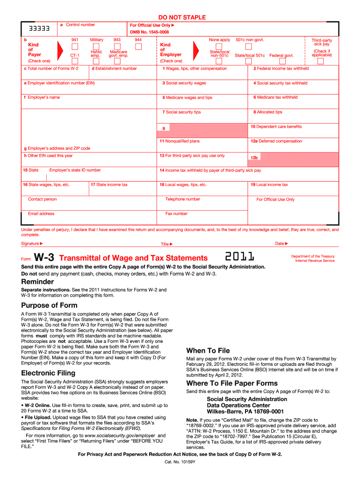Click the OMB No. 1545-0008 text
pos(150,32)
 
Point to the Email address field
pos(89,220)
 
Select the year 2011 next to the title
pos(240,257)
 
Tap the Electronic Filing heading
pos(48,373)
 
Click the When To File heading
pos(208,350)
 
